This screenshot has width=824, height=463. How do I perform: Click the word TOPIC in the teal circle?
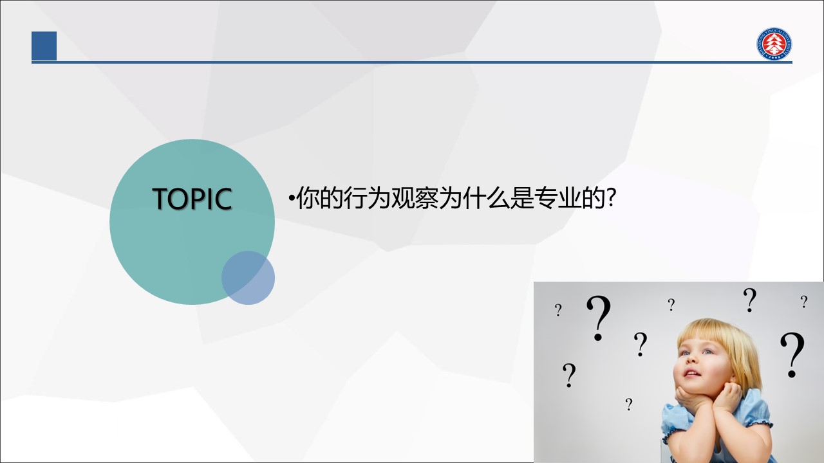(192, 199)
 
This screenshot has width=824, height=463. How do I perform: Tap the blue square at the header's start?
(44, 46)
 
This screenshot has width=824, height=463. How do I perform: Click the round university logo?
(774, 44)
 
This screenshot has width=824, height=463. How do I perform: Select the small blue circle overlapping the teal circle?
(248, 278)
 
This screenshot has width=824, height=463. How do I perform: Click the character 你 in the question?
(308, 198)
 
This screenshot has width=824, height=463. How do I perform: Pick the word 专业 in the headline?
(557, 198)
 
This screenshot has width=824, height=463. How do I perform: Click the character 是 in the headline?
(522, 198)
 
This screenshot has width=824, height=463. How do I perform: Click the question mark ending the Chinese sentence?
(611, 197)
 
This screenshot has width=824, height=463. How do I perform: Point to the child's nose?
(691, 359)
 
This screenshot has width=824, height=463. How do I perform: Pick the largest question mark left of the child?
(598, 318)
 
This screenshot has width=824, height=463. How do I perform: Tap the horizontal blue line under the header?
(412, 62)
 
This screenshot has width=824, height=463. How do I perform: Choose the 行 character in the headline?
(355, 198)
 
